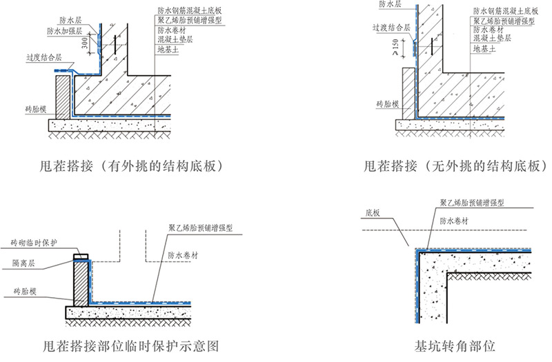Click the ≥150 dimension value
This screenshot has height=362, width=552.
(395, 47)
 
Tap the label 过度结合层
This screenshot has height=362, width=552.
(44, 59)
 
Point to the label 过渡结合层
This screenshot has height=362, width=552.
(391, 28)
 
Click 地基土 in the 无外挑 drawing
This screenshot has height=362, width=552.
(484, 50)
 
